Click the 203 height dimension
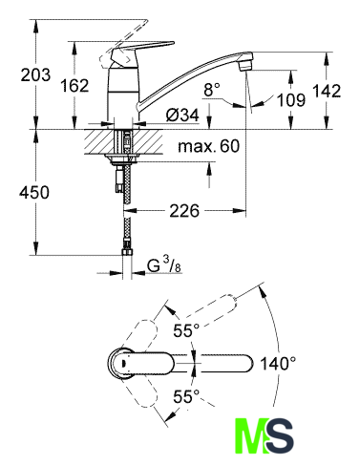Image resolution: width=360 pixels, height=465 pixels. pyautogui.click(x=35, y=75)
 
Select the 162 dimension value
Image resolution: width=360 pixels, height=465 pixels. pyautogui.click(x=74, y=85)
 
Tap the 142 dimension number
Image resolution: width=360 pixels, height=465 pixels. pyautogui.click(x=327, y=91)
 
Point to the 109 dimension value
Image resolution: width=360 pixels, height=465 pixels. pyautogui.click(x=291, y=99)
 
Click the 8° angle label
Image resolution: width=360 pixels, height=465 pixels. pyautogui.click(x=212, y=90)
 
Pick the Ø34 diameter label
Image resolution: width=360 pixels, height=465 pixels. pyautogui.click(x=182, y=115)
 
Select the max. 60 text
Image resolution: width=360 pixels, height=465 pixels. pyautogui.click(x=208, y=146)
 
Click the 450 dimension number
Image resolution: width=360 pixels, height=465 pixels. pyautogui.click(x=34, y=193)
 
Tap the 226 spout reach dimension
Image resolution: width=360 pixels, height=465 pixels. pyautogui.click(x=184, y=210)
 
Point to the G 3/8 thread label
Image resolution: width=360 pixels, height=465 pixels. pyautogui.click(x=164, y=265)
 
